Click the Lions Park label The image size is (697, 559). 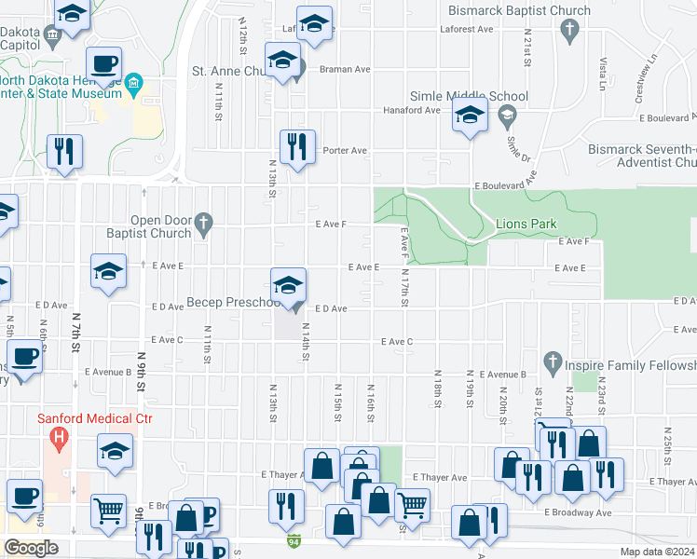[x=525, y=224]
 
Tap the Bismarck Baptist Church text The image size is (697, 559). [x=519, y=11]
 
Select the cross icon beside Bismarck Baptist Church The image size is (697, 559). [x=569, y=32]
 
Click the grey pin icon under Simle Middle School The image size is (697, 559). [x=507, y=117]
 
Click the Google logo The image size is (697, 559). [x=31, y=548]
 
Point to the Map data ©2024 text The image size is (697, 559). [x=657, y=552]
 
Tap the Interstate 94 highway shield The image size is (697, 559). [x=294, y=540]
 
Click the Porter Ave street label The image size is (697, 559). [x=345, y=150]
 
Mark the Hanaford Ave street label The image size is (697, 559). [x=412, y=110]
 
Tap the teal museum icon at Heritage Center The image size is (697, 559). [x=134, y=84]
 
